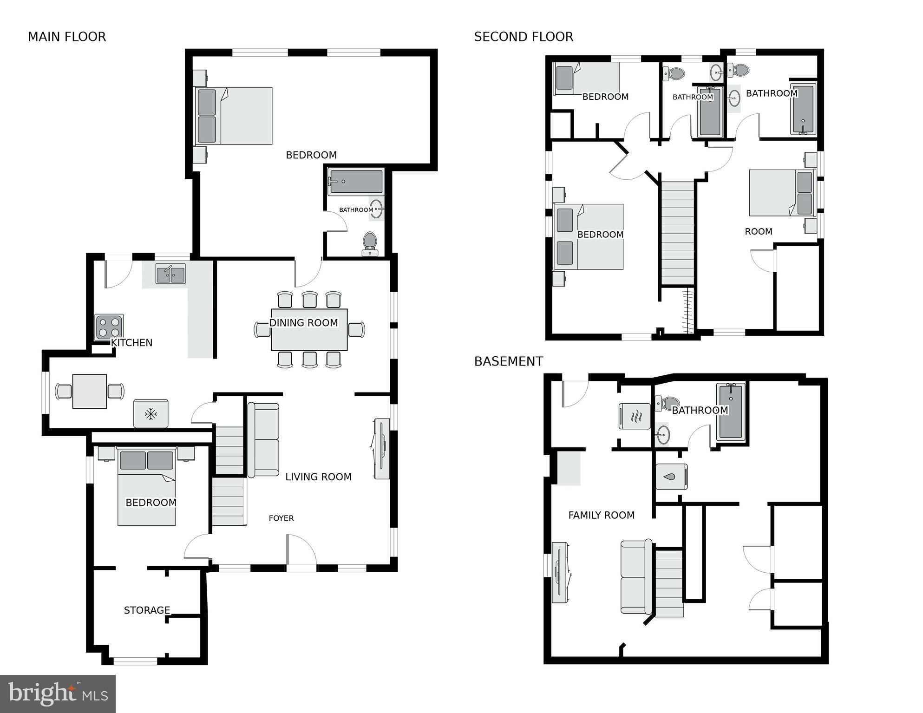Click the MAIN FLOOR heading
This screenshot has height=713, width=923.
(x=67, y=37)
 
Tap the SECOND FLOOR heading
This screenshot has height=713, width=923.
(x=524, y=37)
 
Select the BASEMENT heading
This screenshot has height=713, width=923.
(x=509, y=361)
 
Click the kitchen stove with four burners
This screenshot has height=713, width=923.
(x=109, y=327)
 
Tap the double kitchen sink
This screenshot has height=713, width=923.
(x=170, y=274)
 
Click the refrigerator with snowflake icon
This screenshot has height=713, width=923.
(x=151, y=413)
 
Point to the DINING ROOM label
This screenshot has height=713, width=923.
(x=304, y=323)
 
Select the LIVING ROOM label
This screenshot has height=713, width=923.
(x=318, y=477)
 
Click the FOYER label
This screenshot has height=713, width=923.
(x=281, y=518)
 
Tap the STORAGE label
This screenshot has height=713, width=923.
(x=147, y=610)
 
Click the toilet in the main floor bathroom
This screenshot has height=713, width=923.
(x=370, y=243)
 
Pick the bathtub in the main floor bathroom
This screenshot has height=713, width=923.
(x=356, y=182)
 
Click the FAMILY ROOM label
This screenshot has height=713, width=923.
(x=602, y=515)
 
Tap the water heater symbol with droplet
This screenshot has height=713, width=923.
(x=671, y=477)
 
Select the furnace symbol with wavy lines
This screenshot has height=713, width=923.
(x=635, y=416)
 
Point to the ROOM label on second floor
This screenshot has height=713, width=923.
(x=759, y=231)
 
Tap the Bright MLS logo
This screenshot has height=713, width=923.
(x=58, y=694)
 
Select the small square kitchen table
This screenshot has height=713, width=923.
(x=90, y=391)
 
